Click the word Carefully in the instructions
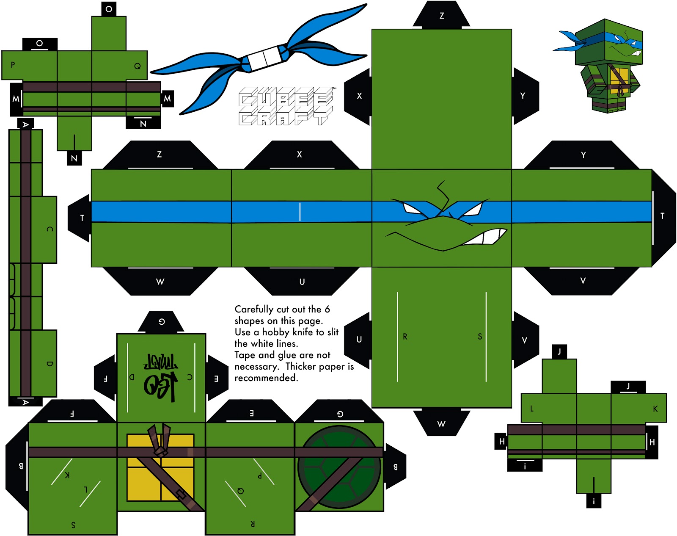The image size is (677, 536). pos(254,309)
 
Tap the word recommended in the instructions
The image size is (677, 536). pos(266,378)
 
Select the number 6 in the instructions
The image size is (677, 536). pos(327,309)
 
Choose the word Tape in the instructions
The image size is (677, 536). pos(245,355)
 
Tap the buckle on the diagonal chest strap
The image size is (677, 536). pos(181,495)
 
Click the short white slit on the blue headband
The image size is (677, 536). pos(300,212)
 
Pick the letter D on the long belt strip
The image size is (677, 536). pos(50,364)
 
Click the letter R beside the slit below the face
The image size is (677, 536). pos(405,337)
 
